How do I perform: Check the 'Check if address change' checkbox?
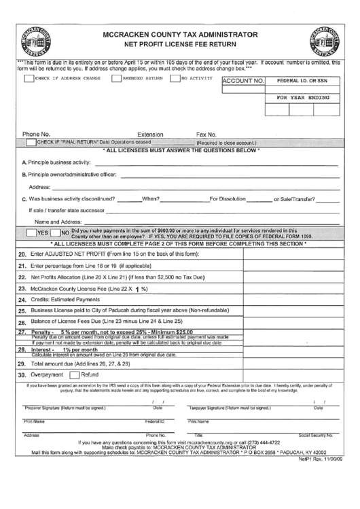coord(28,78)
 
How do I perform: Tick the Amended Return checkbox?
coord(117,78)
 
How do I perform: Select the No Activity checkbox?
coord(175,78)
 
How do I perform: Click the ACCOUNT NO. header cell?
coord(242,81)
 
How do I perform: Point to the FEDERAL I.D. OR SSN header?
coord(301,81)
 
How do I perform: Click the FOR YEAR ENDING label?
coord(301,98)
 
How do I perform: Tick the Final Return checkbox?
coord(31,143)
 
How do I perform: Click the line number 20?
coord(22,254)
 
